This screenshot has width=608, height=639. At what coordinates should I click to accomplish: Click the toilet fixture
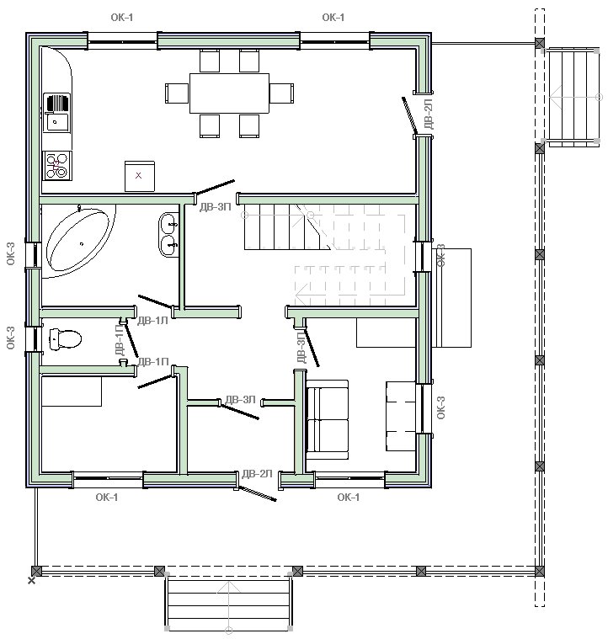[x=65, y=339]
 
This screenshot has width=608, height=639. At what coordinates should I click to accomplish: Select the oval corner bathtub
[x=78, y=241]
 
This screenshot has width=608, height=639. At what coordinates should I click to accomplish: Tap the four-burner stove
[x=57, y=166]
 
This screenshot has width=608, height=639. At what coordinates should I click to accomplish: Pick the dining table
[x=229, y=93]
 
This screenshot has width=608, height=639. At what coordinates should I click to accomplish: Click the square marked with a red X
[x=139, y=176]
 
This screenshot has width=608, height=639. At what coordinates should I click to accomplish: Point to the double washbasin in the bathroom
[x=168, y=235]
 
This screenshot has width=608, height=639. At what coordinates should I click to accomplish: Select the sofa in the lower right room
[x=328, y=420]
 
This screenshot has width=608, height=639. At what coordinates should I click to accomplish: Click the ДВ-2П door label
[x=429, y=114]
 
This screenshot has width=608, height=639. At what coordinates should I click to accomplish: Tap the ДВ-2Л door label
[x=257, y=473]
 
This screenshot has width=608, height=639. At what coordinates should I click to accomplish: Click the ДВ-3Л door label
[x=241, y=399]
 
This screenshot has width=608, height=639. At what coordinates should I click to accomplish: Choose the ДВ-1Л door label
[x=152, y=321]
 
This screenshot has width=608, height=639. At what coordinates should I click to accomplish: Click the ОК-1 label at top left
[x=122, y=17]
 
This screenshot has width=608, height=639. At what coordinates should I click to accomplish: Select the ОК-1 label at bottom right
[x=349, y=498]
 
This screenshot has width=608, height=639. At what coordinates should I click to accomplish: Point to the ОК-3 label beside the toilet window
[x=11, y=338]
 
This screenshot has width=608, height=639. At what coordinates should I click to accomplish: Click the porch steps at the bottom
[x=228, y=602]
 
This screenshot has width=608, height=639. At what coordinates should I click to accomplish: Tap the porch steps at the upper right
[x=573, y=97]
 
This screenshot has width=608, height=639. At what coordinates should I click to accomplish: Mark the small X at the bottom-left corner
[x=31, y=580]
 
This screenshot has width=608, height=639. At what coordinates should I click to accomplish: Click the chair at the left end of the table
[x=177, y=93]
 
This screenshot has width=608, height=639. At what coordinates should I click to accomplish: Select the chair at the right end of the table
[x=281, y=93]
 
